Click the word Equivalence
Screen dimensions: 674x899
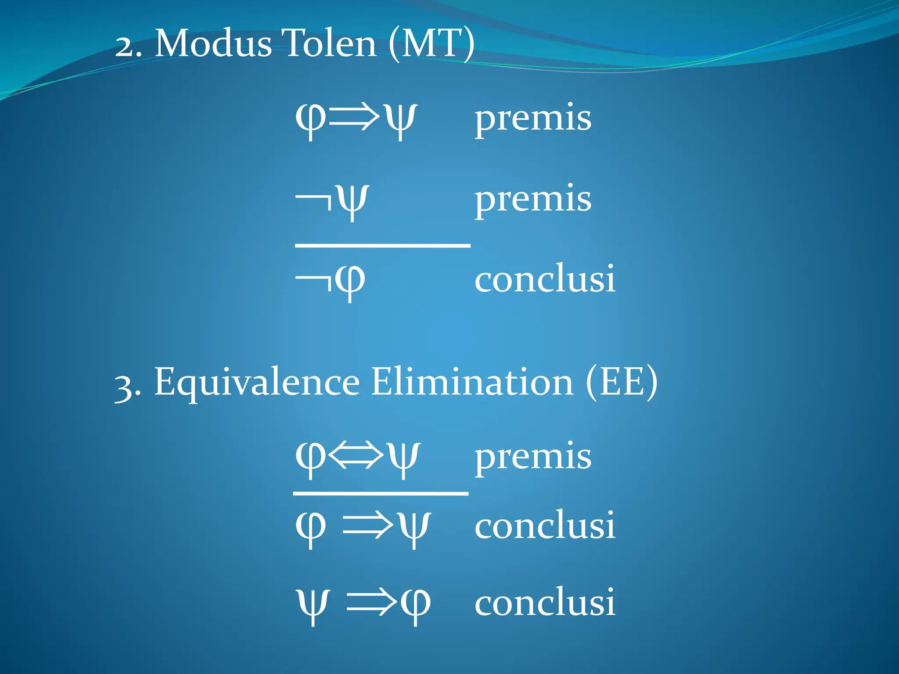click(257, 382)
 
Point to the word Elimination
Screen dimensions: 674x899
click(472, 382)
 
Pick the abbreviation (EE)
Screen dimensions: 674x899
click(622, 382)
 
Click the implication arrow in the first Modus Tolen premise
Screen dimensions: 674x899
click(354, 118)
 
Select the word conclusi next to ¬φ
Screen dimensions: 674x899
click(545, 279)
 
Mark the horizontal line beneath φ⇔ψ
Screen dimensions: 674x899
click(381, 494)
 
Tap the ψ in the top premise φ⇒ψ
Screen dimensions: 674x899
click(399, 119)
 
